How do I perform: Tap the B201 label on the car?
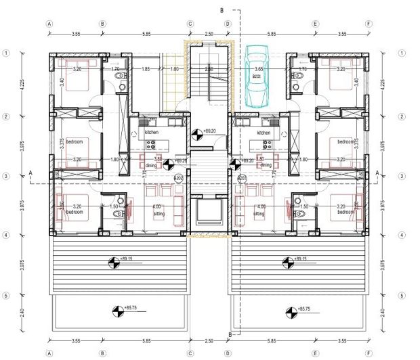[257, 78]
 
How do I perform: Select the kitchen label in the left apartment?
[151, 132]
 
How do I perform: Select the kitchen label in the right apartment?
[264, 133]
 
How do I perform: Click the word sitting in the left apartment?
[159, 213]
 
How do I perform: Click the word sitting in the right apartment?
[259, 213]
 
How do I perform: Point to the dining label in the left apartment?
[152, 164]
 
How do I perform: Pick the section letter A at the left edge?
[30, 173]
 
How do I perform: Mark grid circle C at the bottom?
[190, 353]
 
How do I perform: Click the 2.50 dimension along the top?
[209, 33]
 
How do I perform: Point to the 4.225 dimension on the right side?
[384, 85]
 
